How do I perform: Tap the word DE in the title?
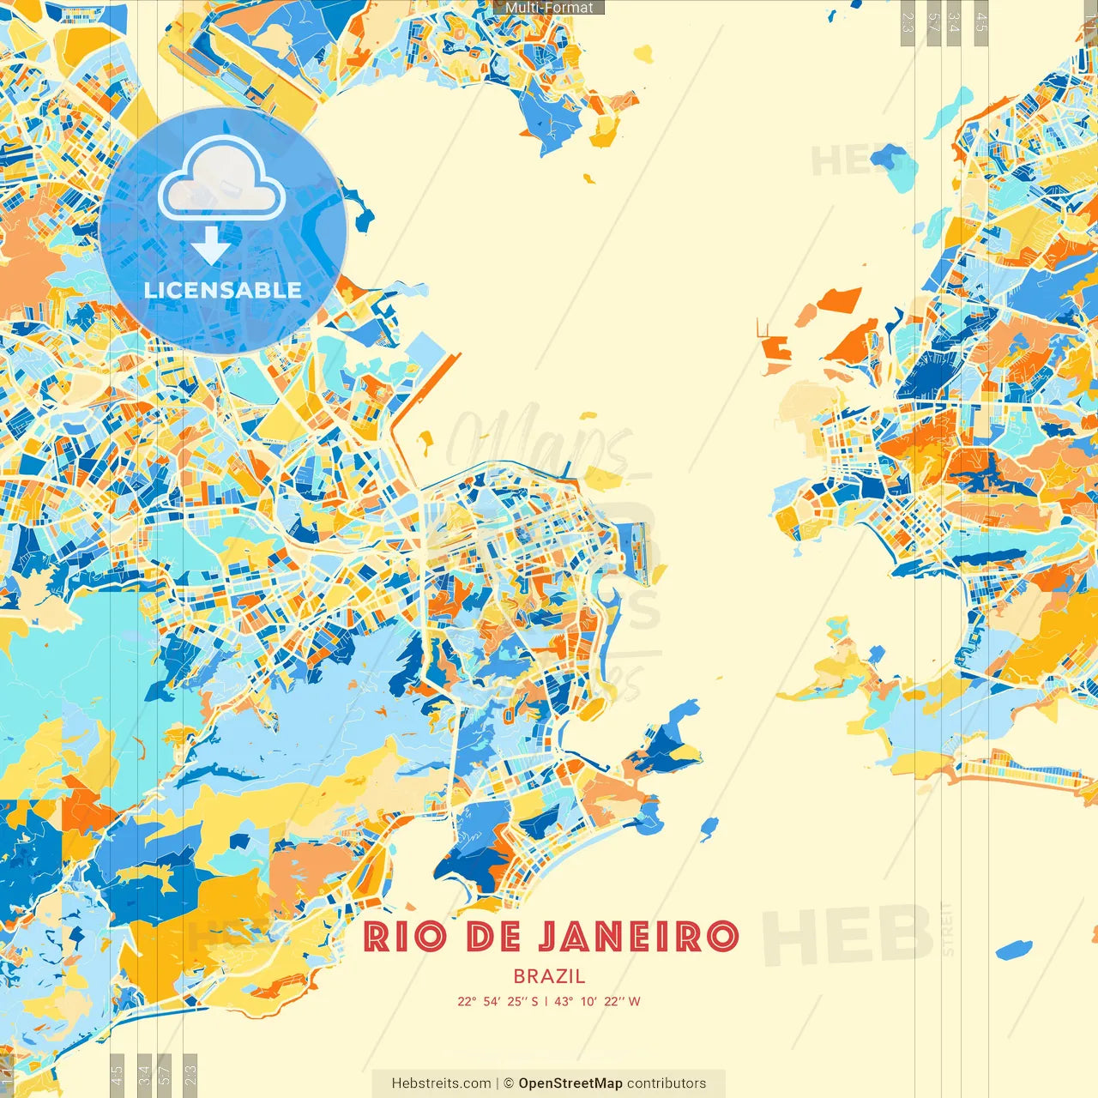tap(493, 937)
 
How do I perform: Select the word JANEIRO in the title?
tap(639, 937)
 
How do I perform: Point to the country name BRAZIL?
tap(549, 976)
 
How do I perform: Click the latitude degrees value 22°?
tap(467, 1001)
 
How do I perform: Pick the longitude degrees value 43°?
tap(564, 1001)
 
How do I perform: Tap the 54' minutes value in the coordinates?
tap(492, 1001)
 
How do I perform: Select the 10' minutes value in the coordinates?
tap(588, 1001)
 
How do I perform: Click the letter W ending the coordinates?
tap(634, 1001)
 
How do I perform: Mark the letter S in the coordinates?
tap(534, 1001)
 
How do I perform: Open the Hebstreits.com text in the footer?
tap(441, 1083)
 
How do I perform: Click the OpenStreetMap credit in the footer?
tap(570, 1083)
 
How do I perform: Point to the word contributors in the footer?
tap(667, 1083)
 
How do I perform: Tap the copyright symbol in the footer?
tap(509, 1083)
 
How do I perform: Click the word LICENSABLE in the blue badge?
tap(222, 290)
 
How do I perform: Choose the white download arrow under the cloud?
tap(210, 246)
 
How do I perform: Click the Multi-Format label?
tap(549, 8)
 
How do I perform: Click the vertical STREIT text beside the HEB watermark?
tap(947, 930)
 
